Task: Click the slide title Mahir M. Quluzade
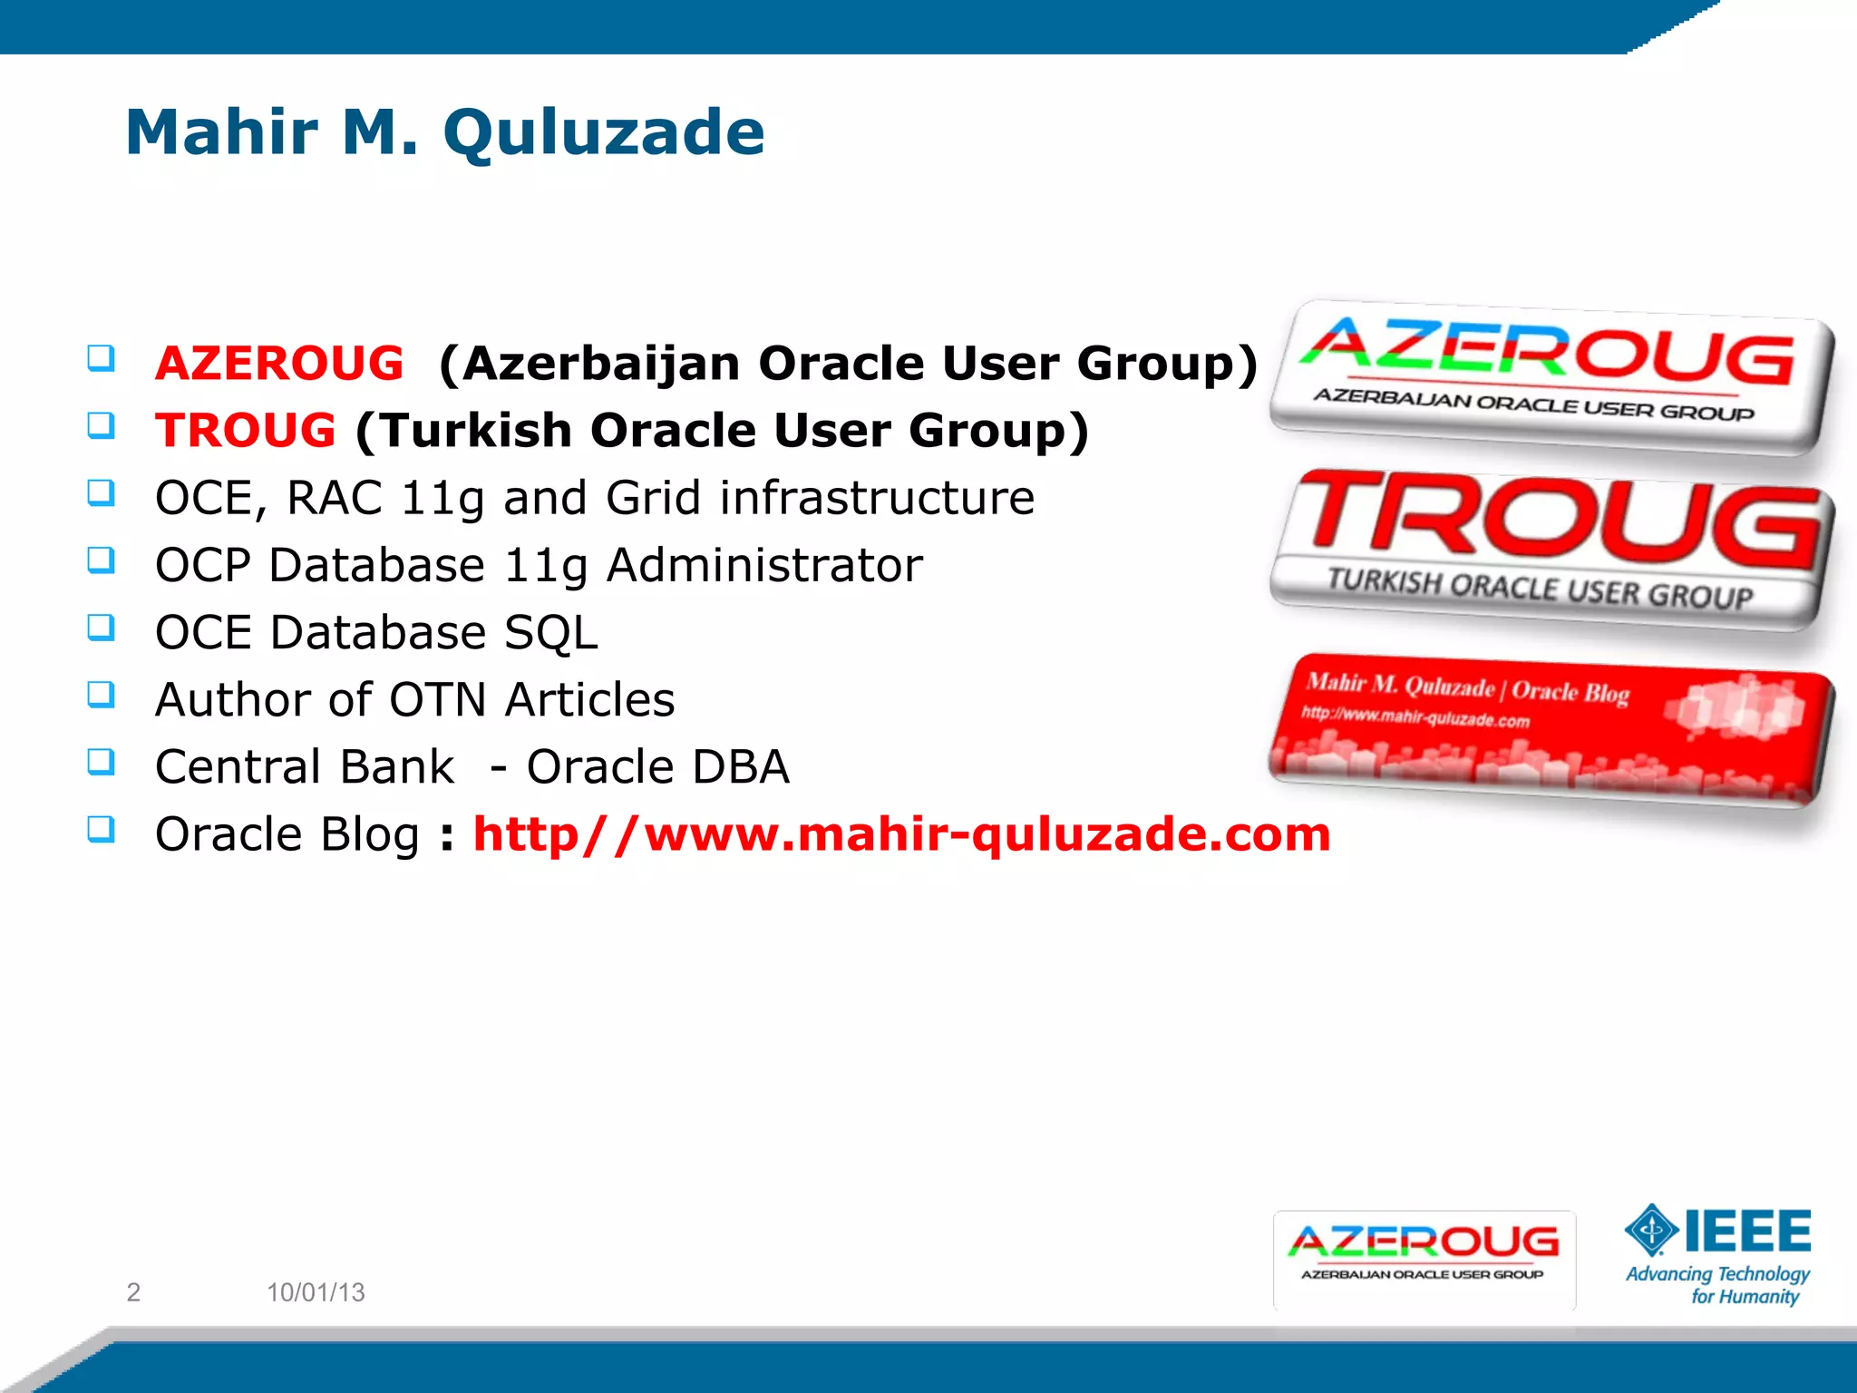pyautogui.click(x=445, y=132)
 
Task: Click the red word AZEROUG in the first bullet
pyautogui.click(x=279, y=364)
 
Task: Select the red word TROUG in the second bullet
pyautogui.click(x=246, y=430)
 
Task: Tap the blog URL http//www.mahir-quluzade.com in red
pyautogui.click(x=901, y=834)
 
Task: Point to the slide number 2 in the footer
pyautogui.click(x=133, y=1291)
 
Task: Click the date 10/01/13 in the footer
pyautogui.click(x=316, y=1291)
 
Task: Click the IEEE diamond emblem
pyautogui.click(x=1651, y=1231)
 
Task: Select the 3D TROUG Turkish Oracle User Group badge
pyautogui.click(x=1552, y=549)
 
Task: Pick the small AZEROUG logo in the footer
pyautogui.click(x=1424, y=1259)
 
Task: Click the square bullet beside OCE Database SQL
pyautogui.click(x=101, y=628)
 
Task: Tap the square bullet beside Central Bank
pyautogui.click(x=101, y=762)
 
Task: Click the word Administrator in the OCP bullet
pyautogui.click(x=764, y=566)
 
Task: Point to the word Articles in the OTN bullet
pyautogui.click(x=589, y=700)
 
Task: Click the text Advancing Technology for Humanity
pyautogui.click(x=1718, y=1285)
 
